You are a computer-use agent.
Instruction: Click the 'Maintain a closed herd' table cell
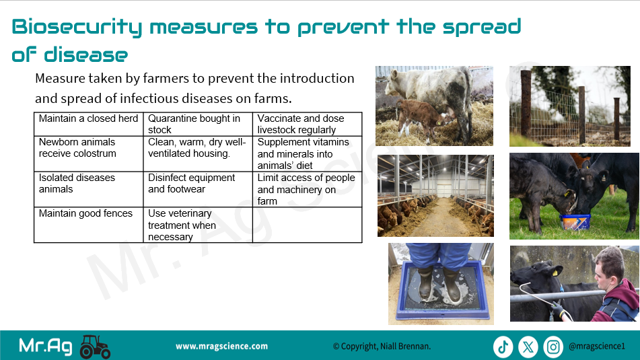tap(89, 124)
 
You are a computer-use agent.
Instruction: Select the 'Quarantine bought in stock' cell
tap(198, 124)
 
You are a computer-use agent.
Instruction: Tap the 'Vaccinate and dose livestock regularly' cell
tap(308, 124)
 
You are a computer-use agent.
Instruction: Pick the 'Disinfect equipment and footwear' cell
tap(198, 189)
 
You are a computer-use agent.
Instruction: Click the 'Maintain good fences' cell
tap(89, 225)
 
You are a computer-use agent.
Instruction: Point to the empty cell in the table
tap(308, 225)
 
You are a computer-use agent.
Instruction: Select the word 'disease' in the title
tap(85, 55)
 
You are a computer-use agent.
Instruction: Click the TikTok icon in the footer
tap(503, 347)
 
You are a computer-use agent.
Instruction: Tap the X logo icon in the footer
tap(528, 347)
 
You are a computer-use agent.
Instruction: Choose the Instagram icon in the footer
tap(553, 347)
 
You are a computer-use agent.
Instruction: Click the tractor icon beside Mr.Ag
tap(95, 347)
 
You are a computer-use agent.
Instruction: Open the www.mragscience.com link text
tap(221, 347)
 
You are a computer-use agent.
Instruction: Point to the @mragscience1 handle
tap(597, 347)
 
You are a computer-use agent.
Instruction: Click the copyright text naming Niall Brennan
tap(382, 347)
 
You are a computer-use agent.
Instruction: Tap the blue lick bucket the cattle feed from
tap(575, 223)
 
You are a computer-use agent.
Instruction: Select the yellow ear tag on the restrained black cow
tap(555, 273)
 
